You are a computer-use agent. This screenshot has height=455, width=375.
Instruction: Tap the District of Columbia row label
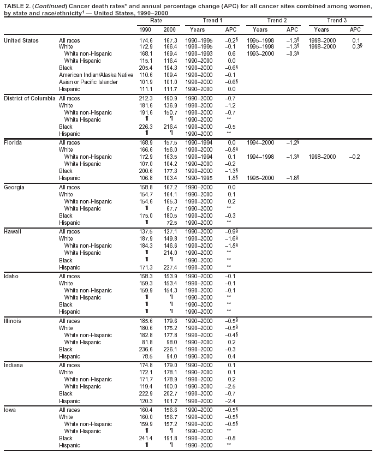pos(29,98)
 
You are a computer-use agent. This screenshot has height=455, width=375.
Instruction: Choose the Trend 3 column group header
pos(337,20)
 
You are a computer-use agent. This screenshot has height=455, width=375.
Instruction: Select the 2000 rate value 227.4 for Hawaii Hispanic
pos(170,267)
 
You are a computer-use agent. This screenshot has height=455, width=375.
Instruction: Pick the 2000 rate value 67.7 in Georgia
pos(171,208)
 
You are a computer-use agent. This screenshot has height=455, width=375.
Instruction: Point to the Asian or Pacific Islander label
pos(88,82)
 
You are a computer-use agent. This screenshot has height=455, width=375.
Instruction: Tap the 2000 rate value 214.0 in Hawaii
pos(170,253)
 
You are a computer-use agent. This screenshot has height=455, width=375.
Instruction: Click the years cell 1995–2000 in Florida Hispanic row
pos(260,178)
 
